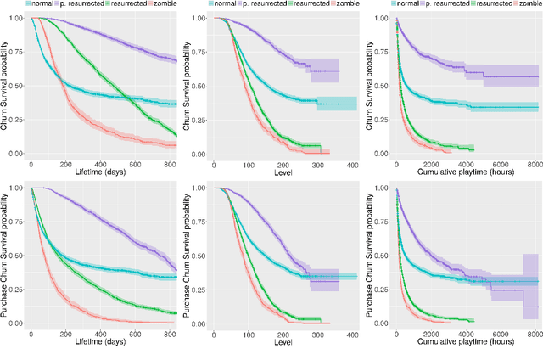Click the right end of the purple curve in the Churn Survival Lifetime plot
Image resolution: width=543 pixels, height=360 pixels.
click(x=176, y=60)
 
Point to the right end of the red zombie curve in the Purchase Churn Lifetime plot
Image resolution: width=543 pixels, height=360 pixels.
click(x=176, y=323)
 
